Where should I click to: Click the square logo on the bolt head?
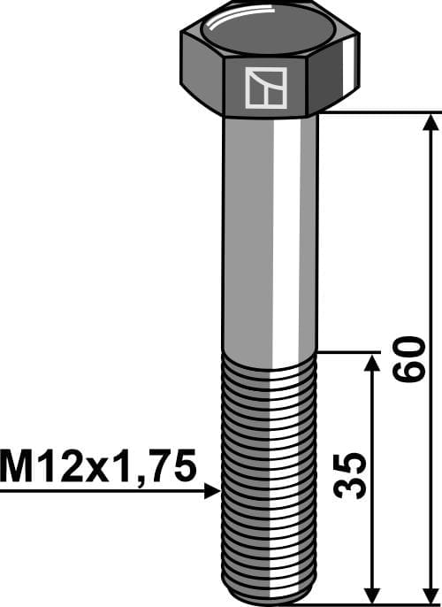tap(269, 88)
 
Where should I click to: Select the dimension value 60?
tap(408, 357)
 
